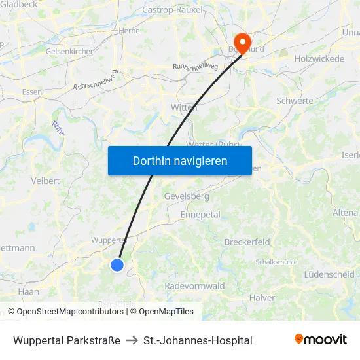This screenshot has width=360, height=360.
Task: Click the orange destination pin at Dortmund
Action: point(242,43)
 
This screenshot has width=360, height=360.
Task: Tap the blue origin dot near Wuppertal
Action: point(117,264)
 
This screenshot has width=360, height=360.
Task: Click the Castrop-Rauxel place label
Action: point(173,10)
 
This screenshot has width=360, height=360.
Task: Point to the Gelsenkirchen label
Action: point(70,51)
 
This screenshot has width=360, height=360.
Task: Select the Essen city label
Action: point(31,92)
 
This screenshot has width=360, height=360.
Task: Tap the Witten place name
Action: point(184,107)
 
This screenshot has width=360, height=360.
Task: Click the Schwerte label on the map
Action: point(295,101)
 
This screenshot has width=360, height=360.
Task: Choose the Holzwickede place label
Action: point(319,59)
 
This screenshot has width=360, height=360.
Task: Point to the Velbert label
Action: point(45,181)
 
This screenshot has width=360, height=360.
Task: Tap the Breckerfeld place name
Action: point(247,242)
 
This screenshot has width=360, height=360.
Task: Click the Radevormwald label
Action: point(195,286)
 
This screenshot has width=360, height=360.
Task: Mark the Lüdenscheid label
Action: point(329,274)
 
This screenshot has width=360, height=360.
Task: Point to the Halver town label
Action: point(262,298)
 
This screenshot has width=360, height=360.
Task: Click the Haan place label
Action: point(29,291)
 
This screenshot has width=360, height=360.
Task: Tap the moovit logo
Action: point(320,339)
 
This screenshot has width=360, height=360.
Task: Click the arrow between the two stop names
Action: point(132,340)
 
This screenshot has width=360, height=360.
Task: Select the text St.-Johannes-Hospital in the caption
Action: point(198,340)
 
